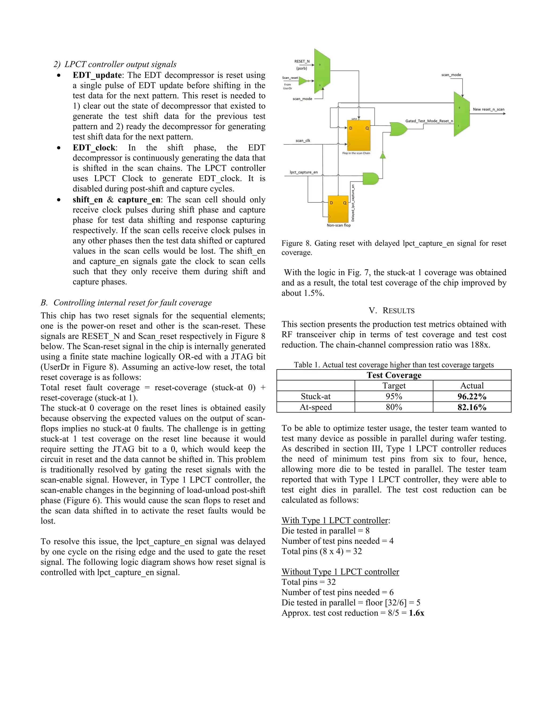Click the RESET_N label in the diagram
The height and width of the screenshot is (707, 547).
[x=302, y=61]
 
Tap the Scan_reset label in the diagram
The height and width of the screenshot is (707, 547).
[x=290, y=78]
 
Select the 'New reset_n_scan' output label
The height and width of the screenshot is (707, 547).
[x=488, y=109]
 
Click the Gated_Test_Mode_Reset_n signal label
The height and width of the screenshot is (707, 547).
[x=429, y=121]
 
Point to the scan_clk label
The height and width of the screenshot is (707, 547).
[x=303, y=141]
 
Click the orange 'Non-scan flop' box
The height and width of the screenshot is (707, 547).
[x=338, y=209]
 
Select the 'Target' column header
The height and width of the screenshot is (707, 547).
[x=394, y=386]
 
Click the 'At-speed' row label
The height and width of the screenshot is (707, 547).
[x=316, y=407]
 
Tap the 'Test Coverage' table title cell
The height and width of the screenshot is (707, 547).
[x=394, y=375]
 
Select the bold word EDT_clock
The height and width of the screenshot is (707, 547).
[x=94, y=148]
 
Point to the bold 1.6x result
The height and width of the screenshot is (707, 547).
[x=416, y=613]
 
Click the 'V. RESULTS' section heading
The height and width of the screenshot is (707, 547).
[x=392, y=311]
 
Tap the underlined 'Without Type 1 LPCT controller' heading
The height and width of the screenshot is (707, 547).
[x=340, y=572]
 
